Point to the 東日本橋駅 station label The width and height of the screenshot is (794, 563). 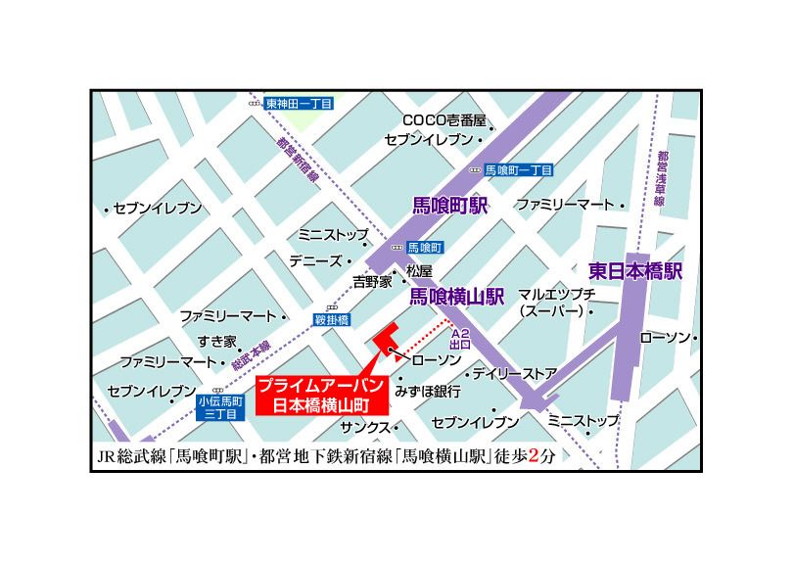635,270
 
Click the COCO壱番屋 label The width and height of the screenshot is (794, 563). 444,120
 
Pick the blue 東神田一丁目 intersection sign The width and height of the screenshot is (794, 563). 299,103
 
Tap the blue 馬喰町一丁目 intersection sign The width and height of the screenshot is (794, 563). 518,169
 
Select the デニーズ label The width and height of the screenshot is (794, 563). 315,261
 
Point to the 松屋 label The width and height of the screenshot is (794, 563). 419,271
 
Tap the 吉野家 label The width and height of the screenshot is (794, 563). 372,281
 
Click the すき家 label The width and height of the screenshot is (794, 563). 216,341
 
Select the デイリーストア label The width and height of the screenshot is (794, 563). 513,374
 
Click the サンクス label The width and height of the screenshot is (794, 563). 364,428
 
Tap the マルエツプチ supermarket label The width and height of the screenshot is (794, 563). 556,303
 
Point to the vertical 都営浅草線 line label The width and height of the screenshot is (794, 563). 662,176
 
